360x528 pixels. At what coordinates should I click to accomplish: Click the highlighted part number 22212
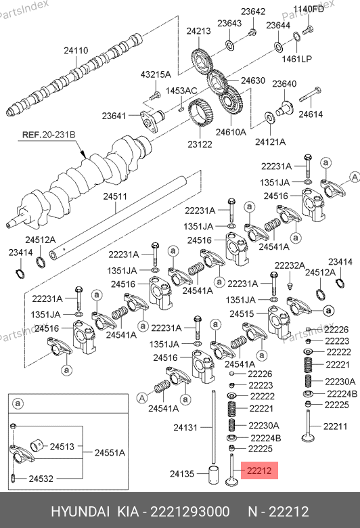click(259, 470)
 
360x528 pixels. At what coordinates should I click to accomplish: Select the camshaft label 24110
click(76, 51)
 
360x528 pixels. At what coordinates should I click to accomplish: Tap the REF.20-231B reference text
click(49, 135)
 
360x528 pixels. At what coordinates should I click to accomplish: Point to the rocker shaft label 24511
click(115, 196)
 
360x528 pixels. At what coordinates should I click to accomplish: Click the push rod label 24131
click(185, 427)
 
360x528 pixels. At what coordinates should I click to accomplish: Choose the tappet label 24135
click(182, 474)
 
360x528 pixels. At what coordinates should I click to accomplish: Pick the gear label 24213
click(199, 31)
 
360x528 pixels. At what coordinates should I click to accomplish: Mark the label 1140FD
click(309, 9)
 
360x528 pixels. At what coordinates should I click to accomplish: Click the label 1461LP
click(296, 59)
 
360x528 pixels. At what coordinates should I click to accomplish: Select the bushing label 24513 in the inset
click(62, 447)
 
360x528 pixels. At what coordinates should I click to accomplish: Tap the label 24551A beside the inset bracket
click(110, 453)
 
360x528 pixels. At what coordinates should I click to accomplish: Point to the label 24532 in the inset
click(41, 479)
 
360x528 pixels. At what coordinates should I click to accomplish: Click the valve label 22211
click(336, 426)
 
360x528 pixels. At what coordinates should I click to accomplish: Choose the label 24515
click(242, 314)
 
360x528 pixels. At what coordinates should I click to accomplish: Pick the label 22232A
click(290, 265)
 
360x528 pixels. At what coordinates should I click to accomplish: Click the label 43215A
click(156, 74)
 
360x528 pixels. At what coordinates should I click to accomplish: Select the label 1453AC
click(181, 91)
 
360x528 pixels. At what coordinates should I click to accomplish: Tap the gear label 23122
click(200, 144)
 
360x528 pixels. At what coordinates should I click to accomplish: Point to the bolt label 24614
click(311, 114)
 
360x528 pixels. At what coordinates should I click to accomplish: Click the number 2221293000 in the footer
click(190, 512)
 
